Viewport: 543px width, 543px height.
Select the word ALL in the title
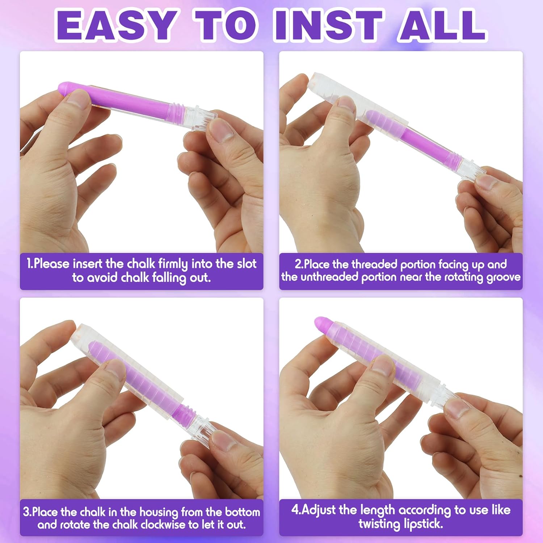(x=442, y=25)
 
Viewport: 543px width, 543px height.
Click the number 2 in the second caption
(x=298, y=264)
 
